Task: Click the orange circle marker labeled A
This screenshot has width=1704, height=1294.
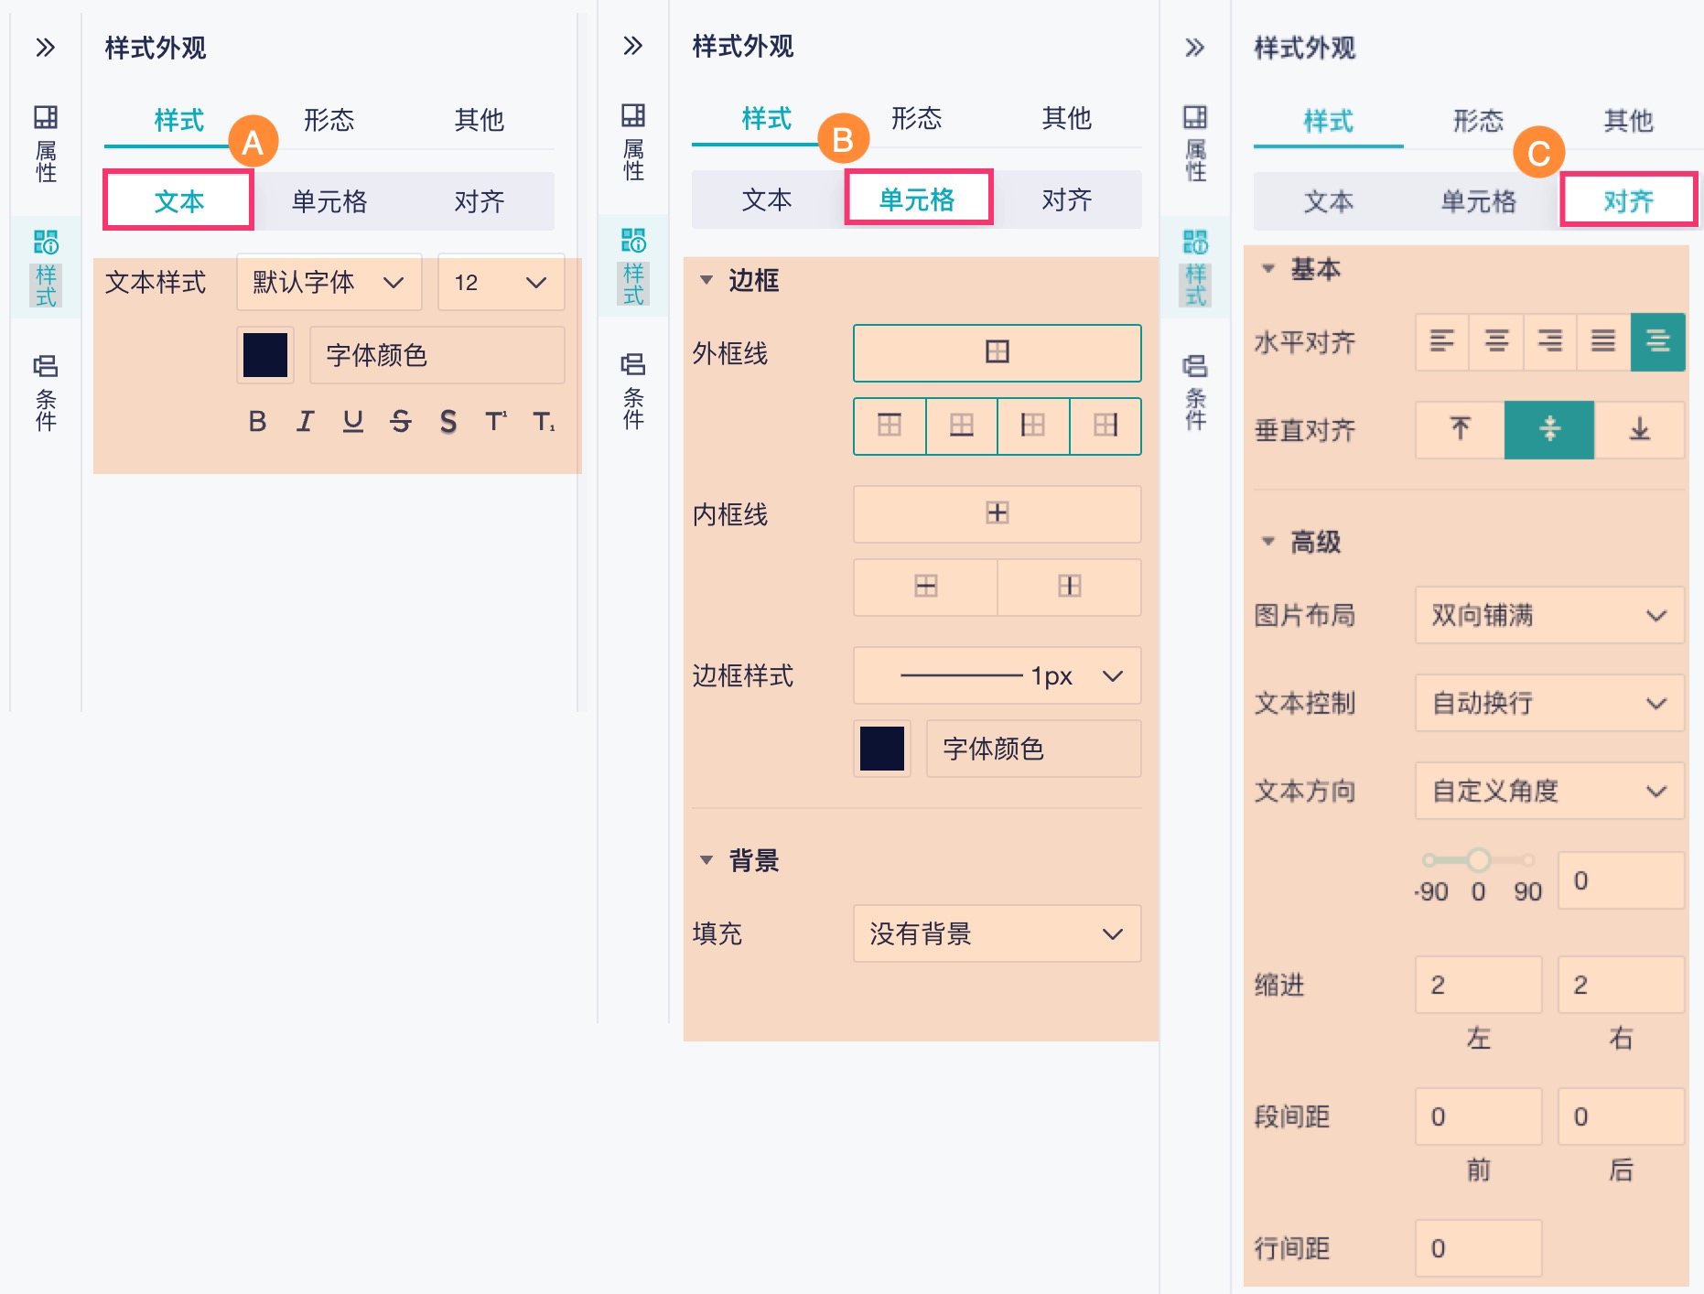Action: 253,142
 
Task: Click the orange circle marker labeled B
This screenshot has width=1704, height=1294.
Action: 843,139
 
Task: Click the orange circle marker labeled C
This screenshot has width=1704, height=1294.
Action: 1538,153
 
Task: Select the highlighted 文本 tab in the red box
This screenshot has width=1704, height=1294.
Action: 178,200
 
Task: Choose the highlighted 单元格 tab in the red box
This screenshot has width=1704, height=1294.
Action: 918,199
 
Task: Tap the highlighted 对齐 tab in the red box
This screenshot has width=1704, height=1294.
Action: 1628,200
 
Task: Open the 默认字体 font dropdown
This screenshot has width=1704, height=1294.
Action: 329,283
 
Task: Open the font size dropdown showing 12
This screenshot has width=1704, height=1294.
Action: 500,283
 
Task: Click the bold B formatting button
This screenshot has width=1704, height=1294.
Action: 257,421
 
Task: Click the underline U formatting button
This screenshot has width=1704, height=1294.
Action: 352,421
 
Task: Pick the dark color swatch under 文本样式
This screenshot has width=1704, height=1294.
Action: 265,355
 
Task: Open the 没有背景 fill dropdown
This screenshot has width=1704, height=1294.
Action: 997,933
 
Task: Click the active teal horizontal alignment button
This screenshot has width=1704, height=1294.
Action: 1657,342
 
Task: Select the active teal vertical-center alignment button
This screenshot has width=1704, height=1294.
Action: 1549,429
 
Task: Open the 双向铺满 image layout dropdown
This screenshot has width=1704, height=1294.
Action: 1548,615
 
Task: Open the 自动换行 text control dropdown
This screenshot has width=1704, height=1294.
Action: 1548,703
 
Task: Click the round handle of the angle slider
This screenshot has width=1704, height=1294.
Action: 1478,859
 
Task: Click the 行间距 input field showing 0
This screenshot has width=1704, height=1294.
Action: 1478,1248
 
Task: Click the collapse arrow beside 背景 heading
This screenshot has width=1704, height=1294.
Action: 706,860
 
